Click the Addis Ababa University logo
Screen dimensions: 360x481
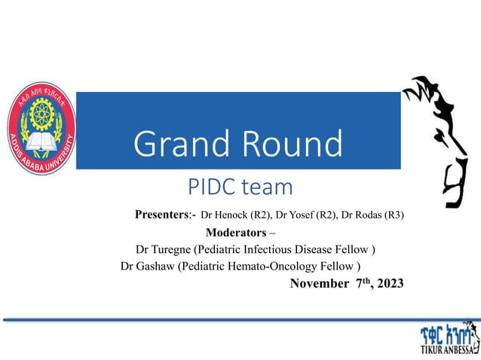click(41, 130)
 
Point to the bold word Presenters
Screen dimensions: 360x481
click(164, 215)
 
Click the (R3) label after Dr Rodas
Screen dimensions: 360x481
click(394, 215)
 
